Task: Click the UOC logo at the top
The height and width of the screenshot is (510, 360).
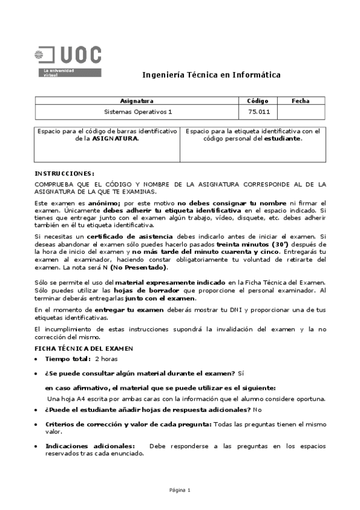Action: pos(68,61)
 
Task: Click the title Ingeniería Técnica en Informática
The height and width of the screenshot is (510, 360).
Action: pos(211,75)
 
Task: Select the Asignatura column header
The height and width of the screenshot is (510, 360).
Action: pos(137,101)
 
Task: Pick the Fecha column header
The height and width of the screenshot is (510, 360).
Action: pos(301,101)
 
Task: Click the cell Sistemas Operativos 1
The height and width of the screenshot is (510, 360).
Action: pos(137,112)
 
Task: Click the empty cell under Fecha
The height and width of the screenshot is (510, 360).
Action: pos(301,112)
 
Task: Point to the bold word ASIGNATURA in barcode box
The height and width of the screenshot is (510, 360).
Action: pos(114,138)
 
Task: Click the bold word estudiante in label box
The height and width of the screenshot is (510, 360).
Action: pos(282,138)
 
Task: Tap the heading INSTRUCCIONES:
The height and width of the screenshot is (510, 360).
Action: pos(64,173)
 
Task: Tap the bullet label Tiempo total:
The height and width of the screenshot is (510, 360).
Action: pos(68,359)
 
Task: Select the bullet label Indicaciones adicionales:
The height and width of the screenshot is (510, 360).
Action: pos(91,446)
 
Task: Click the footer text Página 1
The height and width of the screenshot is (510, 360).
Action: pos(180,490)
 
